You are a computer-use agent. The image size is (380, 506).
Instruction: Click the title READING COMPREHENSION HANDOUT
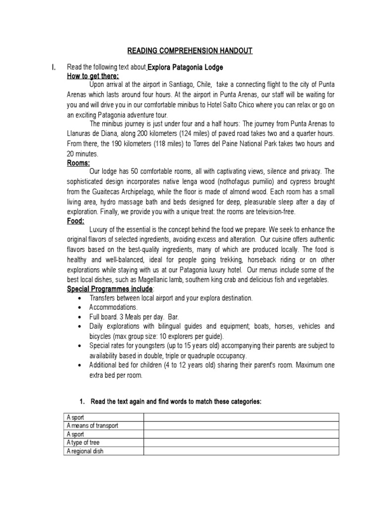[190, 51]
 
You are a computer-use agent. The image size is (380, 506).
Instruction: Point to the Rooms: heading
[78, 163]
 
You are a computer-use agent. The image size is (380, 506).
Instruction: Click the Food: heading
[76, 221]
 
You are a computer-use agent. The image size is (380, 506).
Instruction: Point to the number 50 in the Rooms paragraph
[133, 171]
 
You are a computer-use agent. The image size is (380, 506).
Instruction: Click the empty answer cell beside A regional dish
[241, 452]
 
